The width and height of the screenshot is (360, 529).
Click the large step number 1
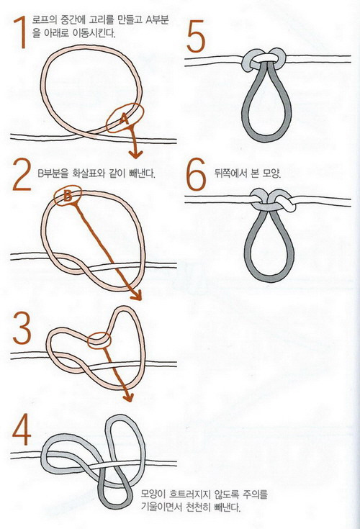coord(20,33)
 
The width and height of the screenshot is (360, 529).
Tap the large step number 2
coord(22,174)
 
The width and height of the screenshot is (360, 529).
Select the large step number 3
coord(22,328)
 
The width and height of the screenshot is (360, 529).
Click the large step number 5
coord(196,36)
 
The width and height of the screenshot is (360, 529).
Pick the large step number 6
coord(196,174)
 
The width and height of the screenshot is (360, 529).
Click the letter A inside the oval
coord(124,119)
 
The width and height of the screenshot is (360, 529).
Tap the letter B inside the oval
coord(68,195)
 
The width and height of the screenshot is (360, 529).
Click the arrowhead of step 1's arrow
coord(135,155)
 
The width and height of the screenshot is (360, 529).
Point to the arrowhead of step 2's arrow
coord(136,296)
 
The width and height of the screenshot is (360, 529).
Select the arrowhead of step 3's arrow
coord(129,397)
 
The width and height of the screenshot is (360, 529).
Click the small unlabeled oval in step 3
coord(99,340)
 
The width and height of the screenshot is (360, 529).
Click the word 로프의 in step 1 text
coord(43,20)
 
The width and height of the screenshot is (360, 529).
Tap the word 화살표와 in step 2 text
coord(87,173)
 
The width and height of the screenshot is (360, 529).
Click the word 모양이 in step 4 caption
coord(153,495)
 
